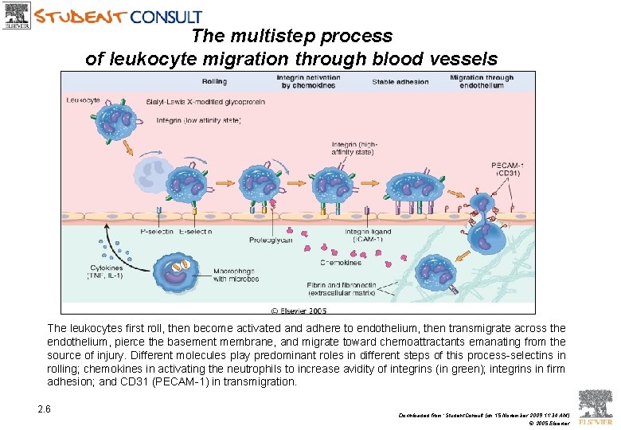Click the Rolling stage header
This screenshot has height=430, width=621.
pos(214,81)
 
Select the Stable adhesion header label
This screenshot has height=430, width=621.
pos(400,81)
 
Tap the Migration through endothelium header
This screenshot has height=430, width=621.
pos(482,81)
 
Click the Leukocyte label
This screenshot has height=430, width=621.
pos(83,100)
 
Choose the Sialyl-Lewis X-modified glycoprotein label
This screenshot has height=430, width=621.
pos(195,101)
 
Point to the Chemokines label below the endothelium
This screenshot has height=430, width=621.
pos(341,262)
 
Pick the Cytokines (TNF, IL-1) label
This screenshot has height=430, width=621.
pos(106,272)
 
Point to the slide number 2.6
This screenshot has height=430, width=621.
pos(44,409)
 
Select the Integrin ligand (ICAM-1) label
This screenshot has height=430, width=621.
pos(364,235)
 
